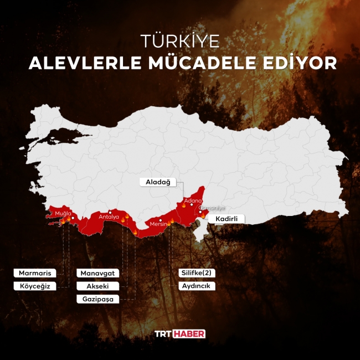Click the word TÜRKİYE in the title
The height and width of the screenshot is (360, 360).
coord(180,42)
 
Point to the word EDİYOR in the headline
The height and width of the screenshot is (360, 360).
coord(301,63)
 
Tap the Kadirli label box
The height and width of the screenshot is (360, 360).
coord(226,219)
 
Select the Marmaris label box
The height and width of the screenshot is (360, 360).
coord(34,273)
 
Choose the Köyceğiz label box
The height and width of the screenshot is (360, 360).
coord(34,286)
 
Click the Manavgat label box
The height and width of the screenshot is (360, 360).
coord(98,274)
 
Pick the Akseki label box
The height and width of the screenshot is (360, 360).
coord(98,286)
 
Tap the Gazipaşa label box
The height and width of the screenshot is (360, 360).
coord(98,299)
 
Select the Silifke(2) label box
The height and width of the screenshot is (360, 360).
coord(197,273)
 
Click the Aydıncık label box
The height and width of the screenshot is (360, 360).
coord(197,286)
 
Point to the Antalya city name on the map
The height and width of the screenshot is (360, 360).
coord(109,217)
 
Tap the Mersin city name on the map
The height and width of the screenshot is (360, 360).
coord(158,224)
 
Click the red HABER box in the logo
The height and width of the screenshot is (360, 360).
coord(189,333)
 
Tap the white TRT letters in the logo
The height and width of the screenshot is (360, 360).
coord(163,333)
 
